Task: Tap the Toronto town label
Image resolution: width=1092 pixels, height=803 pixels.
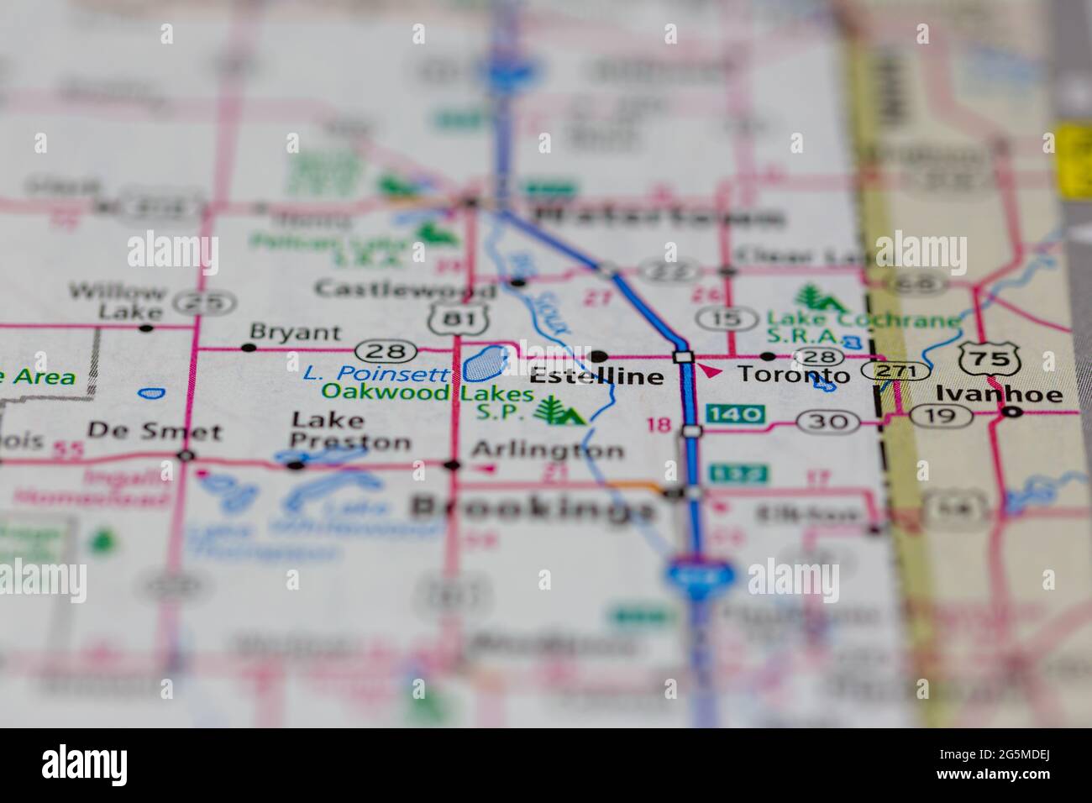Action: tap(788, 375)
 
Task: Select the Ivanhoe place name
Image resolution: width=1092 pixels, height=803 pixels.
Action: tap(999, 395)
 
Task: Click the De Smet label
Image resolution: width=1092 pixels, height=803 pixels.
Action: tap(155, 433)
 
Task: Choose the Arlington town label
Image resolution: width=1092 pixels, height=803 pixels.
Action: tap(548, 450)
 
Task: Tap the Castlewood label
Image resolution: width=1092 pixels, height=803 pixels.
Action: tap(404, 290)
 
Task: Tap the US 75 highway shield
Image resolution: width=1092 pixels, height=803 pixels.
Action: tap(990, 358)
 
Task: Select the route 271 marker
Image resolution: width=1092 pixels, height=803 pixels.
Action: tap(900, 371)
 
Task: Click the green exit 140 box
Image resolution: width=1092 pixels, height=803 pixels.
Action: tap(736, 413)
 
